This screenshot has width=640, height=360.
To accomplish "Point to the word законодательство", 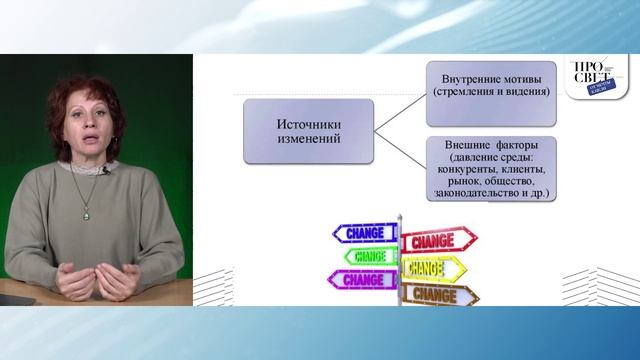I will pyautogui.click(x=470, y=193).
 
